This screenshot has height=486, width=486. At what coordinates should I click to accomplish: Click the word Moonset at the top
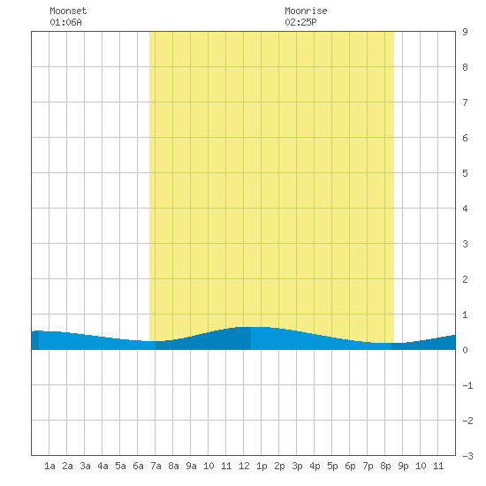coord(68,11)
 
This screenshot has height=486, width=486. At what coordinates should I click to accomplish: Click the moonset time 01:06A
coord(65,22)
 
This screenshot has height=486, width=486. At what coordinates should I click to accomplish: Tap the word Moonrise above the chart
coord(306,11)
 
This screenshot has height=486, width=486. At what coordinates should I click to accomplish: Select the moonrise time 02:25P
coord(300,22)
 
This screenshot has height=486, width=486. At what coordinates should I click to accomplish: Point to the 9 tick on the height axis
coord(465,32)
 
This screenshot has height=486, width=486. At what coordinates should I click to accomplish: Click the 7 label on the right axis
coord(465,103)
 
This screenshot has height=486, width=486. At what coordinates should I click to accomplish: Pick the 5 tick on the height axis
coord(465,173)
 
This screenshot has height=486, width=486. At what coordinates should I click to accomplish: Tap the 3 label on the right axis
coord(465,244)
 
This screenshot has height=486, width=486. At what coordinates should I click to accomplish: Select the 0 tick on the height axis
coord(465,350)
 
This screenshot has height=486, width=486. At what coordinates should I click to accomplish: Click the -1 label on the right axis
coord(467,385)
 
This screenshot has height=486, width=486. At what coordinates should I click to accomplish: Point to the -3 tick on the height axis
coord(467,456)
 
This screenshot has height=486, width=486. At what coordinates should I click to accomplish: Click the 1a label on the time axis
coord(49,466)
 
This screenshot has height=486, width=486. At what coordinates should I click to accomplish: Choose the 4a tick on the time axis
coord(103,466)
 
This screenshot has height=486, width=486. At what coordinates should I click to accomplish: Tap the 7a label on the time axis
coord(156,466)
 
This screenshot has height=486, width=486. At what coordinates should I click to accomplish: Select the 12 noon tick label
coord(244,466)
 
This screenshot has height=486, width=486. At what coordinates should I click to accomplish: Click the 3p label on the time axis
coord(297,466)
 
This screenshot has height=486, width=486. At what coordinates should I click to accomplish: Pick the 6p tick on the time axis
coord(350,466)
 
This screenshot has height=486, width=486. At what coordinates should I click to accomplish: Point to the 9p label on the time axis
coord(403,466)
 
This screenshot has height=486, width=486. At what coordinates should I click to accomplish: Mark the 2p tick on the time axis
coord(279,466)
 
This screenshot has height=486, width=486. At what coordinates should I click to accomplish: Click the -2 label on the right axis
coord(467,421)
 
